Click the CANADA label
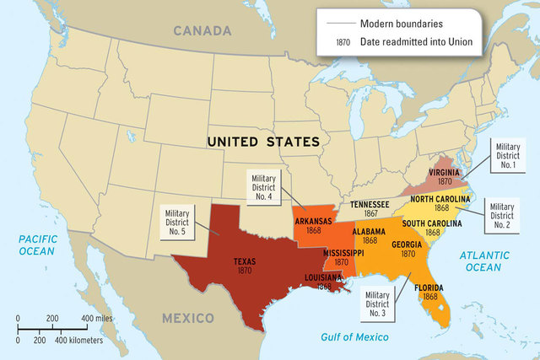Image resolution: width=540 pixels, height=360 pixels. (202, 31)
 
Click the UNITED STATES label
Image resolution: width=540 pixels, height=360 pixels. (263, 141)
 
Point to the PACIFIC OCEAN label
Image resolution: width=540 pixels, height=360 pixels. (37, 244)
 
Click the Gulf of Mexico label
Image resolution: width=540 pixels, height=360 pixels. (357, 337)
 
